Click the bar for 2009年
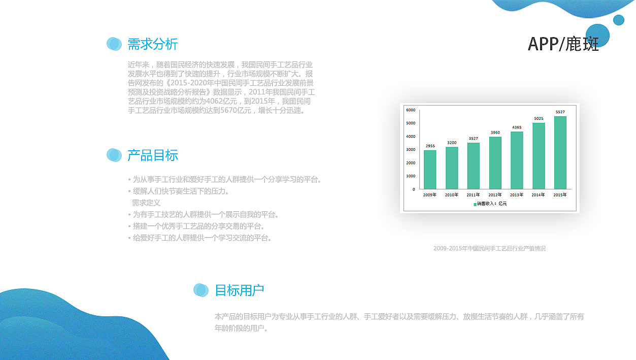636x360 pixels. click(430, 170)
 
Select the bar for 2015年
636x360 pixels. click(560, 153)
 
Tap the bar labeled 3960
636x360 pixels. click(495, 163)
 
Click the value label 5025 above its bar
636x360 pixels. click(539, 119)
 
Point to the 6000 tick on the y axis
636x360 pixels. click(410, 110)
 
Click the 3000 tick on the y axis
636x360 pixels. click(410, 150)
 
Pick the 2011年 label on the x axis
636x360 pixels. click(473, 194)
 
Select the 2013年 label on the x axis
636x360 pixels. click(517, 194)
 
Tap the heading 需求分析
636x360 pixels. click(152, 44)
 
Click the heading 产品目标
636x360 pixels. click(152, 155)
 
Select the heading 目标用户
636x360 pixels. click(240, 290)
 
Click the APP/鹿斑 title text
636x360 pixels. click(563, 44)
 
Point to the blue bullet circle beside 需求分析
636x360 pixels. click(114, 44)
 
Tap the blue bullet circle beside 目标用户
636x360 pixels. click(201, 290)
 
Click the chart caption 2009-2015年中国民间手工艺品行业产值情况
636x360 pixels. click(489, 248)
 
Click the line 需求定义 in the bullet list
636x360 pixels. click(146, 203)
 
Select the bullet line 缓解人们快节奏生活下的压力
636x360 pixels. click(181, 191)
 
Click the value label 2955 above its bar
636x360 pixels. click(430, 146)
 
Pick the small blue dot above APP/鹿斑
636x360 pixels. click(618, 20)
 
